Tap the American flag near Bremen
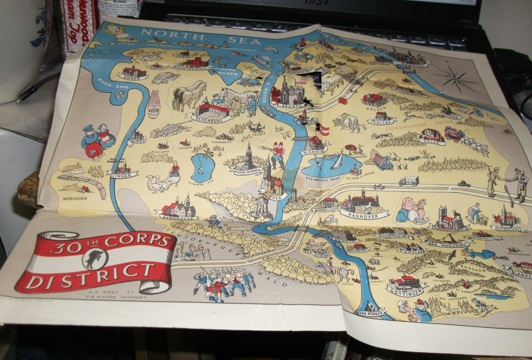pyautogui.click(x=301, y=81)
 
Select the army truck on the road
pyautogui.click(x=409, y=181)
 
